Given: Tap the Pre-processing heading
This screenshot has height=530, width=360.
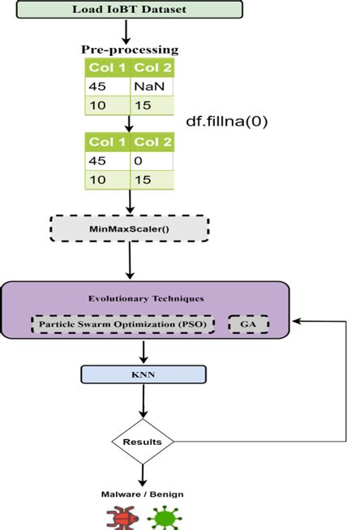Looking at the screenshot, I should pos(130,49).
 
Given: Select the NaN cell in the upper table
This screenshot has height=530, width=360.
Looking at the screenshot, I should pos(152,83).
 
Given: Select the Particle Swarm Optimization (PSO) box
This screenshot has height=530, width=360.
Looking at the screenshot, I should pos(124,325).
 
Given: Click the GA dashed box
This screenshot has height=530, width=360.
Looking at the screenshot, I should pos(248,325).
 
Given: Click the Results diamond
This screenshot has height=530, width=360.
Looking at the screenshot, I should pos(143,442).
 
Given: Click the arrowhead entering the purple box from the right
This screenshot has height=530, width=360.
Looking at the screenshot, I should pos(298,321).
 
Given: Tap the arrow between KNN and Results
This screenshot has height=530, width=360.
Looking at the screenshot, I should pos(143,402).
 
